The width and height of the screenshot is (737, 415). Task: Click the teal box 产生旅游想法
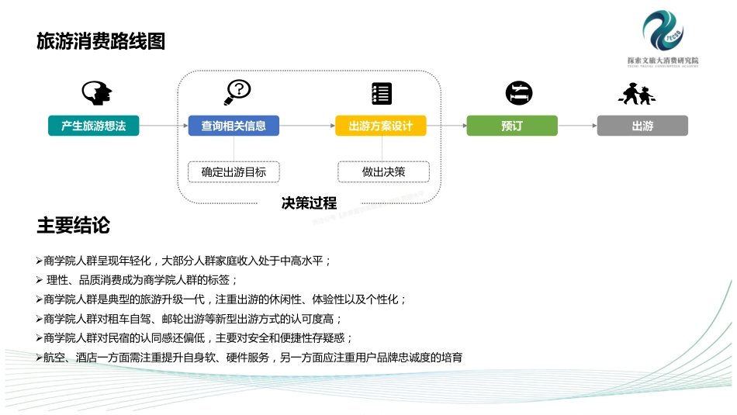pyautogui.click(x=93, y=126)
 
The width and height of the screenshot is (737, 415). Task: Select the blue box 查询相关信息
pyautogui.click(x=234, y=126)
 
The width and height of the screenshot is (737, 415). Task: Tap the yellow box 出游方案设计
pyautogui.click(x=381, y=126)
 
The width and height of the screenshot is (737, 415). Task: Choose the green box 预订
pyautogui.click(x=512, y=126)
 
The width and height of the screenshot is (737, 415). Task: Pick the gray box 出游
pyautogui.click(x=642, y=126)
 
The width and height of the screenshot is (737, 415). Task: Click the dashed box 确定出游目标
pyautogui.click(x=234, y=171)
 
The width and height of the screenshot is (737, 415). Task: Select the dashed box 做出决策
pyautogui.click(x=383, y=171)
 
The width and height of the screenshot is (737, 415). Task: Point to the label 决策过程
pyautogui.click(x=309, y=203)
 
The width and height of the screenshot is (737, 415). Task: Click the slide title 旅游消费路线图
pyautogui.click(x=101, y=41)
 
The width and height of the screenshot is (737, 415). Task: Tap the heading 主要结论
pyautogui.click(x=74, y=226)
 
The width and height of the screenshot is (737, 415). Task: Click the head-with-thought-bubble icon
pyautogui.click(x=97, y=93)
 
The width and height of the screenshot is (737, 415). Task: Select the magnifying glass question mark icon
pyautogui.click(x=237, y=92)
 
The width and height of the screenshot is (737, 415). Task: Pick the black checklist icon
pyautogui.click(x=382, y=93)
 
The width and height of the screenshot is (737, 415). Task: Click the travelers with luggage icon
pyautogui.click(x=636, y=94)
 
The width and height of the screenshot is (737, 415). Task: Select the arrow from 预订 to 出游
pyautogui.click(x=577, y=126)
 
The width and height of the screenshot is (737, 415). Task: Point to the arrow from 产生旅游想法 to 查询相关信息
pyautogui.click(x=164, y=126)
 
